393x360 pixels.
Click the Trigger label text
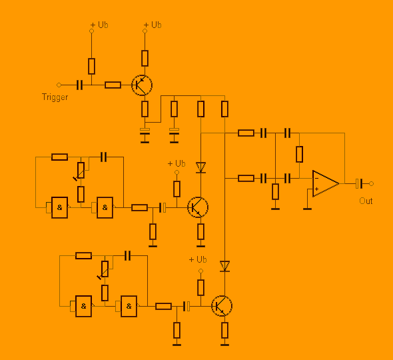55,97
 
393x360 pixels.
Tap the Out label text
366,201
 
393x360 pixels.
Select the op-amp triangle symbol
326,183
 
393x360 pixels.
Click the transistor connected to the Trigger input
142,85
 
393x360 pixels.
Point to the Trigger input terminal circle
59,85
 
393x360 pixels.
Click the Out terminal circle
371,183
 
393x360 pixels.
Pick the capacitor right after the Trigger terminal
79,85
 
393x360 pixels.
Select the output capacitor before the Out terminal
359,183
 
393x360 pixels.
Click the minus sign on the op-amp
317,178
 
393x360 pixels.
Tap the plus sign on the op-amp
317,189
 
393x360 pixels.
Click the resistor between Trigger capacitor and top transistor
113,85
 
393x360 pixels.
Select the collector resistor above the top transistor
145,58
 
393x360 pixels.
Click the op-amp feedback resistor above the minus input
300,154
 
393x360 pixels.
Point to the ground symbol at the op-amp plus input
307,209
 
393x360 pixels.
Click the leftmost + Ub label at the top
99,25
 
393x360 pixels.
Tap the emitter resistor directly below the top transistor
145,109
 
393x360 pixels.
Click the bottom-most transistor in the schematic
222,306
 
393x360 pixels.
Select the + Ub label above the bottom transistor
198,259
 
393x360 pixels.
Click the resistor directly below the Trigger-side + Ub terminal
91,66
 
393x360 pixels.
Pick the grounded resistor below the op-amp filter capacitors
276,191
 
